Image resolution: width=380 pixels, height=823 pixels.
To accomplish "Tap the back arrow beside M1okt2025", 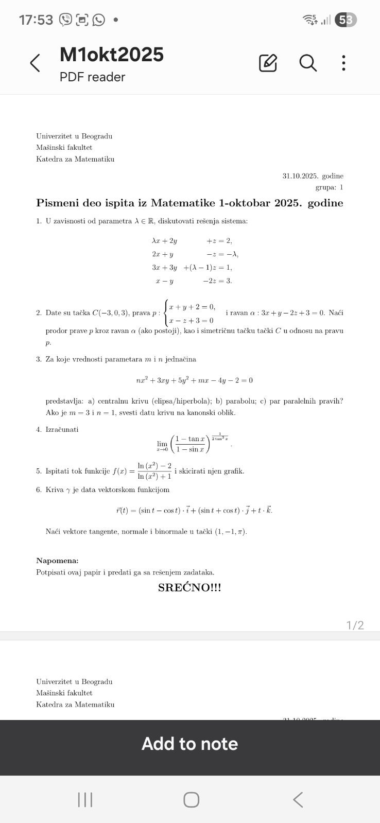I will (x=35, y=63).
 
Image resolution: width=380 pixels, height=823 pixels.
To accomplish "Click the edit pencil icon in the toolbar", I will (x=268, y=63).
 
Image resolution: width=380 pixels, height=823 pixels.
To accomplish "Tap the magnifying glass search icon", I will (x=308, y=63).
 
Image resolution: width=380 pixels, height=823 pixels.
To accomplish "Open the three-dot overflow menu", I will (x=343, y=63).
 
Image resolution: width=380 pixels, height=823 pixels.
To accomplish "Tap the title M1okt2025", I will (x=112, y=55).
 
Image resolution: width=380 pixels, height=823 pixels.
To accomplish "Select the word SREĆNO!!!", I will (x=189, y=588).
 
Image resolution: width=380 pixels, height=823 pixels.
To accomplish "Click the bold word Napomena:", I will (x=57, y=561).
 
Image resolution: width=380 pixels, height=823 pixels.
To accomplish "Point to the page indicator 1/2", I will (x=355, y=625).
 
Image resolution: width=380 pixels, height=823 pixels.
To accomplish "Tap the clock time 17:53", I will (x=36, y=20).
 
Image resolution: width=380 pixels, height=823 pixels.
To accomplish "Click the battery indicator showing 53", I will (x=346, y=20).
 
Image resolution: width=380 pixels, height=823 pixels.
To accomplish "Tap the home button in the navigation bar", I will (x=191, y=799).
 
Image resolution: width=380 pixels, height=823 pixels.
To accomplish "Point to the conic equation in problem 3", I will (x=194, y=380).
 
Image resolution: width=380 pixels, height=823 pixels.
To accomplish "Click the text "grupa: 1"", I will (x=329, y=187).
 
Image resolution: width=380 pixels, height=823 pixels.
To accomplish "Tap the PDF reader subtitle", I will (x=92, y=77).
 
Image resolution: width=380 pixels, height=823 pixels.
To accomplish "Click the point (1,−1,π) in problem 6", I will (x=231, y=531).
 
